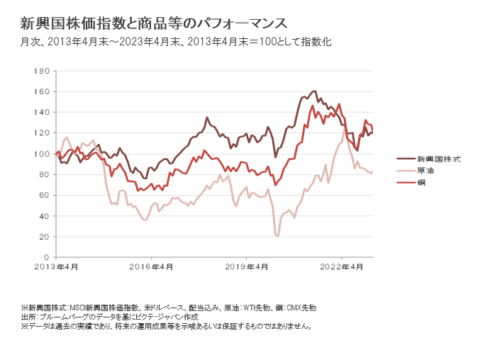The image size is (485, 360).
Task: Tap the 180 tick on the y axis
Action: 40,71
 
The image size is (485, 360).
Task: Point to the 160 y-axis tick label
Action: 40,91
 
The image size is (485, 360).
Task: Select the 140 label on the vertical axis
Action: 40,112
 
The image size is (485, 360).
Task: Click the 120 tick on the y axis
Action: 40,133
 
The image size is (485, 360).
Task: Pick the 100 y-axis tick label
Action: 40,153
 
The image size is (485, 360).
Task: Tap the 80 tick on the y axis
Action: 43,174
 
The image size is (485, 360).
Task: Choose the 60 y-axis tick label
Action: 43,194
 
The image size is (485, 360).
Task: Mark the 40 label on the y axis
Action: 43,215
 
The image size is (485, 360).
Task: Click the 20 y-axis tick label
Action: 43,235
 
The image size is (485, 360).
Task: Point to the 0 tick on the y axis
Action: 45,256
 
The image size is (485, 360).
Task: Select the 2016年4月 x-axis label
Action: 152,266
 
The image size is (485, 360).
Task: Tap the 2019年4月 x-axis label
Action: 247,266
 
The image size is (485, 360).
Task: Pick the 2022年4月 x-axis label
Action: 342,266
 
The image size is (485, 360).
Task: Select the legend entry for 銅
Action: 421,182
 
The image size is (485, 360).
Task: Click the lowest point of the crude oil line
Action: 277,235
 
